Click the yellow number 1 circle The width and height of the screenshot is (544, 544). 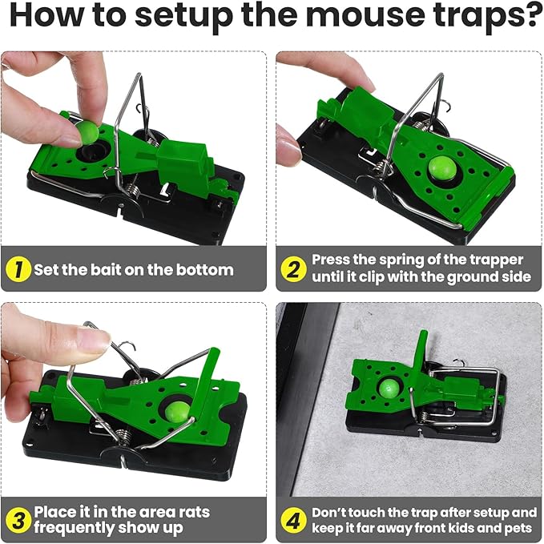(18, 269)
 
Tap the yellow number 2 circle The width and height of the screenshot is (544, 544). (292, 269)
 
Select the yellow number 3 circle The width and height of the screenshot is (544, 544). (18, 520)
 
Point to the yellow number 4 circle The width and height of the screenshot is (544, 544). (292, 520)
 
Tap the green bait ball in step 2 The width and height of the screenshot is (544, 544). (438, 167)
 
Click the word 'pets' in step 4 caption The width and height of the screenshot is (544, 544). (517, 528)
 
